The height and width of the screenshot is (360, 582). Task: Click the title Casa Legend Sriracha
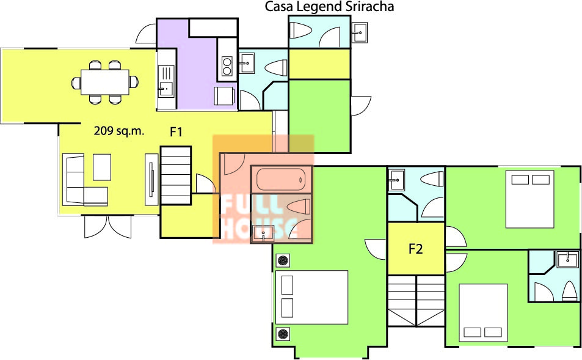pos(329,7)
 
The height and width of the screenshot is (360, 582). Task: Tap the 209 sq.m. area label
pos(118,131)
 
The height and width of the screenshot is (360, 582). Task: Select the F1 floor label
pos(176,132)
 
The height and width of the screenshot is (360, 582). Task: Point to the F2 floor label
pos(416,249)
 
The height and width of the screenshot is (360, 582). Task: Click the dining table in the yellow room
pos(105,82)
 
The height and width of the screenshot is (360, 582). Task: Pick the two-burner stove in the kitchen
pos(227,66)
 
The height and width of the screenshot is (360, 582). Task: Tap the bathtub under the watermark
pos(281,180)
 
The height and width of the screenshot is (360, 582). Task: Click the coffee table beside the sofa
pos(102,167)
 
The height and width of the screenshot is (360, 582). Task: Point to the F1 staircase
pos(175,175)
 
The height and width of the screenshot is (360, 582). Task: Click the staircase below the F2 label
pos(416,301)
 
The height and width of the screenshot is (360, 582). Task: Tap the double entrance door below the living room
pos(107,227)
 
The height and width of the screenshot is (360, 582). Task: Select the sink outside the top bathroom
pos(359,32)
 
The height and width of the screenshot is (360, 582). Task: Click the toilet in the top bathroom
pos(299,30)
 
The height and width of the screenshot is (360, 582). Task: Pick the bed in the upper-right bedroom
pos(529,199)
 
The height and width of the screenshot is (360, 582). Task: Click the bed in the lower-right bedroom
pos(483,313)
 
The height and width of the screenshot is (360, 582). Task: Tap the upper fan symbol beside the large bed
pos(283,260)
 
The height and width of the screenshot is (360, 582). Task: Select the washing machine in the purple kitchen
pos(224,96)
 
